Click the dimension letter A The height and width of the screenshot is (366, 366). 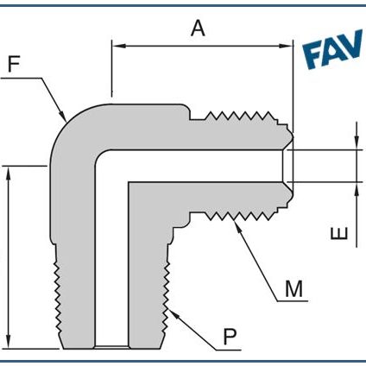(198, 28)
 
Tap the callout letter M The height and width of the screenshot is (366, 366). (295, 288)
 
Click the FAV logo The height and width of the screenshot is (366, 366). (332, 54)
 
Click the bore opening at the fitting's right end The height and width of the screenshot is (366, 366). (289, 165)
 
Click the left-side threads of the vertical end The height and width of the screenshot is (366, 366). (54, 293)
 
